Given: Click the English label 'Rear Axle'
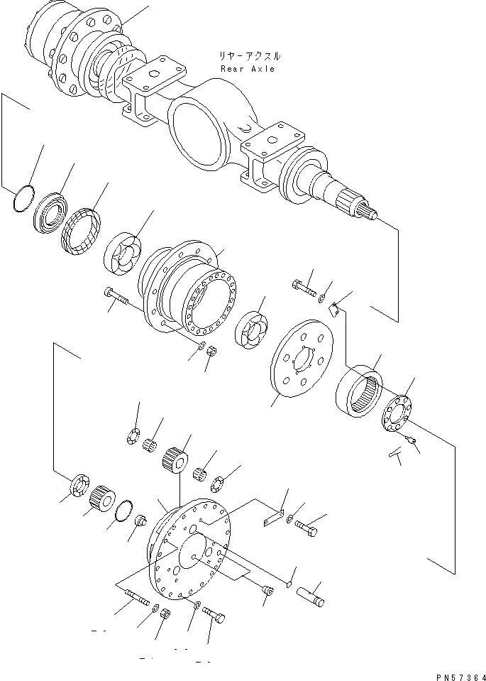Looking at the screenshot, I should point(247,69).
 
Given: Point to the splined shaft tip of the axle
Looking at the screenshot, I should point(366,209).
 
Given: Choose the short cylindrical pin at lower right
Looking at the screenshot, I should point(312,594).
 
